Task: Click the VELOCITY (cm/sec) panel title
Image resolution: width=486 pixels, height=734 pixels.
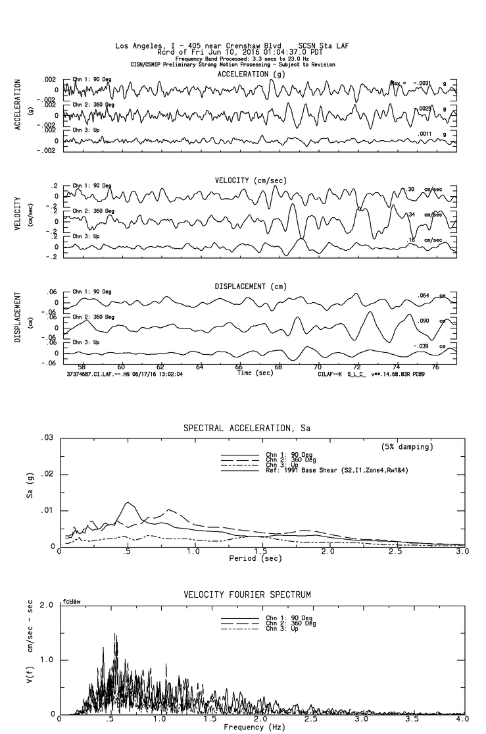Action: point(251,180)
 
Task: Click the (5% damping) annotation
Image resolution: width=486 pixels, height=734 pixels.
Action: point(407,447)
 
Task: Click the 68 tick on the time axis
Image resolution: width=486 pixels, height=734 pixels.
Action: point(278,367)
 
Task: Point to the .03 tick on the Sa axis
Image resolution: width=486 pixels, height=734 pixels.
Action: point(47,438)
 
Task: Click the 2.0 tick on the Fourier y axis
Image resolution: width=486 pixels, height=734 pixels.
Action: point(47,605)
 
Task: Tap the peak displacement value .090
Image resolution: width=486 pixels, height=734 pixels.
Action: point(424,321)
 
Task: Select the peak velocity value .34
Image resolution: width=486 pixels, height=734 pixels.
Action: point(412,215)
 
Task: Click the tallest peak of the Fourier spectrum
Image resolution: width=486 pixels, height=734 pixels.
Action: point(116,635)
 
